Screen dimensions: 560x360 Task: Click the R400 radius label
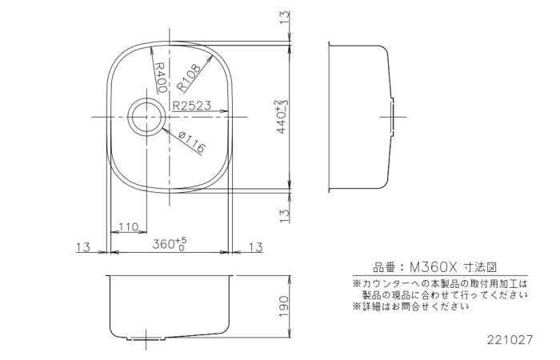pos(160,78)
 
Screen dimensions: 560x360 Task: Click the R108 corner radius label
pos(189,78)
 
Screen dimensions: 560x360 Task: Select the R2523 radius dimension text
pos(192,106)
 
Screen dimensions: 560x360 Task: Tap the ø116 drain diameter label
pos(192,142)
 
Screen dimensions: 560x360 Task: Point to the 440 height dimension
pos(282,117)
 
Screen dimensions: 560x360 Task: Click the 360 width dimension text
pos(170,244)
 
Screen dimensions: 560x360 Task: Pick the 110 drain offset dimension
pos(128,226)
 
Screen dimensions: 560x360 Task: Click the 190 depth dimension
pos(283,306)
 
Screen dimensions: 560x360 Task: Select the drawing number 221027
pos(510,340)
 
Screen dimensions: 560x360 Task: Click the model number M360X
pos(434,266)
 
